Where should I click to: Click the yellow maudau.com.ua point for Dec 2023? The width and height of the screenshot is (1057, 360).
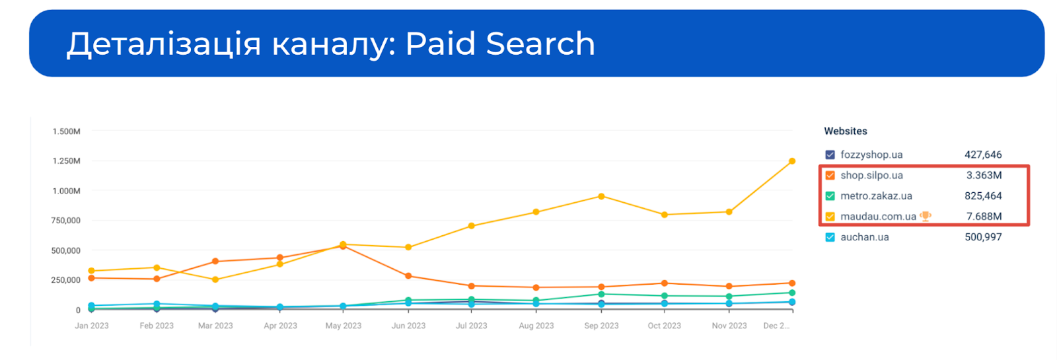click(x=791, y=161)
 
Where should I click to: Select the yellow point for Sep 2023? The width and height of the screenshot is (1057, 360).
click(x=601, y=197)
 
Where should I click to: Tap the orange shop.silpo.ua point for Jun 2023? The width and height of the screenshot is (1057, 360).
click(x=408, y=276)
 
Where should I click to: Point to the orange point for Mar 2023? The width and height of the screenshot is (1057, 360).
click(x=215, y=262)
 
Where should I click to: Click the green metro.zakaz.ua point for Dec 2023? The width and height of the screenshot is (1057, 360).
click(x=791, y=293)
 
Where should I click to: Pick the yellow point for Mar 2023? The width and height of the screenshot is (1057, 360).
click(x=215, y=279)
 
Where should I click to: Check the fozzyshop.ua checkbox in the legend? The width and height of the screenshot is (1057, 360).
click(x=830, y=155)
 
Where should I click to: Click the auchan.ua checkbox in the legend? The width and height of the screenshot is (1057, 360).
click(x=830, y=237)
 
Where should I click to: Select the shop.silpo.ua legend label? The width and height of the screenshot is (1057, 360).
click(x=871, y=176)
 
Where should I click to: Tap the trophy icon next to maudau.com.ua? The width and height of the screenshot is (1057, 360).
click(x=926, y=216)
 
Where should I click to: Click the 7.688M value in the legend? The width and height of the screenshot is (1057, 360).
click(x=984, y=217)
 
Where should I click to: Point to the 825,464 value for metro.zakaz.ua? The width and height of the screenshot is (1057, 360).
click(x=983, y=196)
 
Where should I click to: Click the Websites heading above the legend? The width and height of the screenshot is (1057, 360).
click(x=846, y=131)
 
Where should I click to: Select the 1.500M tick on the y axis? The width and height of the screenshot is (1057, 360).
click(x=66, y=131)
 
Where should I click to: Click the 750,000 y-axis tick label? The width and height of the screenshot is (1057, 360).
click(x=66, y=221)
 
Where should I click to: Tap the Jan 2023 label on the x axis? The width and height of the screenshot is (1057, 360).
click(x=92, y=326)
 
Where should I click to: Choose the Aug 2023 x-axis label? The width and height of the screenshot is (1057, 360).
click(x=536, y=326)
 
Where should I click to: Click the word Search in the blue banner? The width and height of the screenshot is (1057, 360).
click(x=540, y=44)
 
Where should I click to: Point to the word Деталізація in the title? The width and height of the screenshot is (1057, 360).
click(x=164, y=45)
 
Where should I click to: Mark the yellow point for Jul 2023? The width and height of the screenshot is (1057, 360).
click(x=472, y=226)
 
